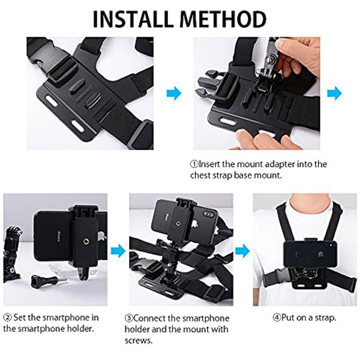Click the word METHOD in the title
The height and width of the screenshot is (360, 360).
[223, 19]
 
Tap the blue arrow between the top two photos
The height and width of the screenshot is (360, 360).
[174, 93]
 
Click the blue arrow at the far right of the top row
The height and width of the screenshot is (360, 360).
[334, 93]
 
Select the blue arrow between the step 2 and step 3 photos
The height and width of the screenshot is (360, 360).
[118, 251]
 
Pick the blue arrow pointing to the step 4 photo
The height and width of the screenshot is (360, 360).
[242, 251]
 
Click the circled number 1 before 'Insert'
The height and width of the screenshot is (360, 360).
[194, 164]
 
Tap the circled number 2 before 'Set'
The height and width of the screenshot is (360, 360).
[7, 317]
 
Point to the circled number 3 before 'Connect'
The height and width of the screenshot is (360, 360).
[129, 318]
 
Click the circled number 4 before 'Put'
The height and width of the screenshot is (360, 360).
[277, 318]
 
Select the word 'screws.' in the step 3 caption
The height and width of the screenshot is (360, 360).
[139, 341]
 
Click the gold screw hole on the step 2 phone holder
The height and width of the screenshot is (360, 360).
[86, 241]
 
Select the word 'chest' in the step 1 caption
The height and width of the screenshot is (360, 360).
[200, 175]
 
